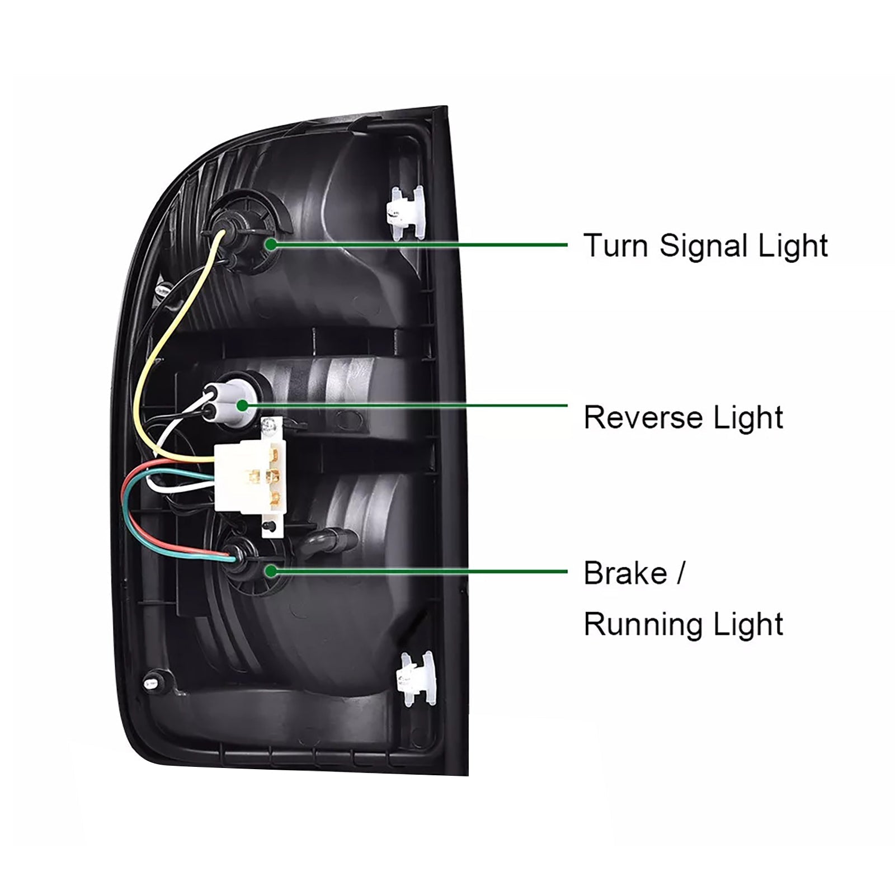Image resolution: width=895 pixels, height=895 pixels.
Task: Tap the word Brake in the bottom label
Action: [x=625, y=573]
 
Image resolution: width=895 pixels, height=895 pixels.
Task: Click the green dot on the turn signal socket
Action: [x=271, y=244]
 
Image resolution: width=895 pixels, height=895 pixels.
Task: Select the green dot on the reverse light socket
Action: [x=242, y=404]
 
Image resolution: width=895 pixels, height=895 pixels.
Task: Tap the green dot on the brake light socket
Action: [x=271, y=571]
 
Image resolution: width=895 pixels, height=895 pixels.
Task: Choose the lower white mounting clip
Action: [x=414, y=680]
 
